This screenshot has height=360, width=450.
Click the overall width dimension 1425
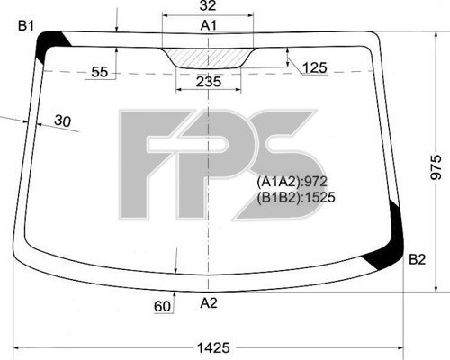(213, 347)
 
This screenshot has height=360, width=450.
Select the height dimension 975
(436, 167)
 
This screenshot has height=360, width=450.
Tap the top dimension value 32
(208, 5)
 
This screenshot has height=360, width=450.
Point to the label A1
(209, 25)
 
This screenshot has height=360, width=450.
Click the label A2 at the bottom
(209, 303)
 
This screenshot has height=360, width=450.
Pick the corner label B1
(26, 26)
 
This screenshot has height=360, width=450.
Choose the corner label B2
(418, 259)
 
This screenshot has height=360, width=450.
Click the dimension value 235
(209, 82)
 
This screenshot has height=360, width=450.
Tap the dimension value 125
(314, 67)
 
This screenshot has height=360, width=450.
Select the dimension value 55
(99, 72)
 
